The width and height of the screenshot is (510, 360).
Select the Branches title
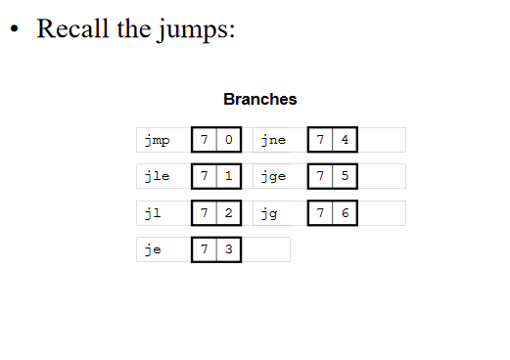point(259,99)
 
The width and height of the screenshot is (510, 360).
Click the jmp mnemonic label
point(156,140)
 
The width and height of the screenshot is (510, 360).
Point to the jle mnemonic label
point(156,177)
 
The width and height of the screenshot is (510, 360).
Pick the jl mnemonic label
point(152,213)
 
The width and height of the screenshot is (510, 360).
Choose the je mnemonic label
point(152,249)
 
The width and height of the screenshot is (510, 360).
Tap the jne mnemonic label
point(273,140)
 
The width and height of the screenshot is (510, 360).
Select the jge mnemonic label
point(273,177)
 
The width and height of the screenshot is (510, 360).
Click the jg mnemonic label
point(269,213)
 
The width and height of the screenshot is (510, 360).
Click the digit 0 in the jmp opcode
point(228,140)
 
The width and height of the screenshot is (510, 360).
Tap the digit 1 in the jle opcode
point(228,176)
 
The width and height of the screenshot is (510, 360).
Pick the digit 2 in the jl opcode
point(228,213)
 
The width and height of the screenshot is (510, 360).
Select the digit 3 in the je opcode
point(228,249)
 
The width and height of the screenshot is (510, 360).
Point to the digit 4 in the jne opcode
point(345,140)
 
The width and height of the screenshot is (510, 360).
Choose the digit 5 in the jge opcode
point(345,176)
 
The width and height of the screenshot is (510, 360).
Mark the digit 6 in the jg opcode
point(345,213)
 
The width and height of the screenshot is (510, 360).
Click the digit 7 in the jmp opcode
point(204,140)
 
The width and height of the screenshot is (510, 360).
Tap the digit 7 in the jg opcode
point(320,213)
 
